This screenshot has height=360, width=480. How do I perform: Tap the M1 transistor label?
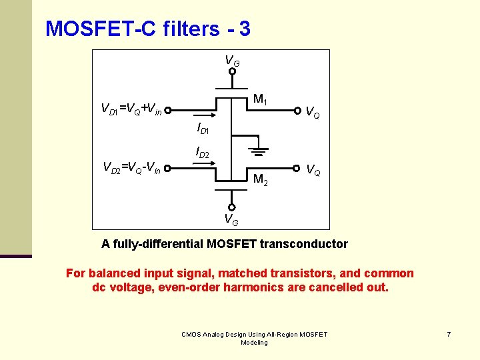pos(261,101)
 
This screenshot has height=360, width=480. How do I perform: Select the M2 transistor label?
pos(261,179)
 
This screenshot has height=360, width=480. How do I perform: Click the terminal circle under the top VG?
pos(232,71)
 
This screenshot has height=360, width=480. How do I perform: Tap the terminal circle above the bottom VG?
pos(232,206)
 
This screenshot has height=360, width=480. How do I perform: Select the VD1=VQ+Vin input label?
pos(131,108)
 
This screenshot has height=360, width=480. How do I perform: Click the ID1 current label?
pos(203,127)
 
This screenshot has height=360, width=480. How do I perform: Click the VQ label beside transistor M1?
pos(312,113)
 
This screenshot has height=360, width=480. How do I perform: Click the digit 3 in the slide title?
pos(244,29)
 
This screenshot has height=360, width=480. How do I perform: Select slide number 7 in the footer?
pos(449,334)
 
